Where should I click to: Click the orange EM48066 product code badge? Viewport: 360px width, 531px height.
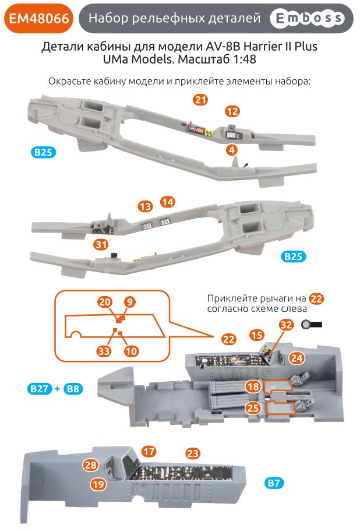(x=39, y=19)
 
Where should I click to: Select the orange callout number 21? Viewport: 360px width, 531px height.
(x=200, y=100)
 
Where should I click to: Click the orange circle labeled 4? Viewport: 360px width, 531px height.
(x=232, y=150)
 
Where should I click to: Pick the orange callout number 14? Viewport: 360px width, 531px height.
(x=168, y=202)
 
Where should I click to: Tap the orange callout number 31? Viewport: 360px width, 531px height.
(x=101, y=245)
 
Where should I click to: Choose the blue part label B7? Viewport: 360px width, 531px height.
(x=274, y=483)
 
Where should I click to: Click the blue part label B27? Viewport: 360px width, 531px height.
(x=38, y=389)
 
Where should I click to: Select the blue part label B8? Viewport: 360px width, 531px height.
(x=73, y=389)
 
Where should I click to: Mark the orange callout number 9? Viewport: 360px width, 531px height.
(x=130, y=302)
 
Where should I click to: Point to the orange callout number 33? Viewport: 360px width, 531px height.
(x=104, y=351)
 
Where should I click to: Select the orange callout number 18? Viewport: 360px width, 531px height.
(x=252, y=386)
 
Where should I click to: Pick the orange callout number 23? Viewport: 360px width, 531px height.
(x=193, y=453)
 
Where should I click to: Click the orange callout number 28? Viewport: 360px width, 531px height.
(x=90, y=465)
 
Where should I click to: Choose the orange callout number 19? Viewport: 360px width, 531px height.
(x=98, y=483)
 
